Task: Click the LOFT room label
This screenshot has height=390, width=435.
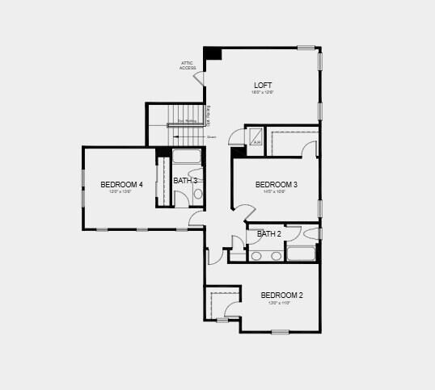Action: [x=263, y=86]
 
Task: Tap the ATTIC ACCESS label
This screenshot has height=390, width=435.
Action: [x=188, y=65]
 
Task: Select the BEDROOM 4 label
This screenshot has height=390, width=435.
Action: [x=121, y=185]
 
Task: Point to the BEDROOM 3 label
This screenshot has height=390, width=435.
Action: [x=277, y=185]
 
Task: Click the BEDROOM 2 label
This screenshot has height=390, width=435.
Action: [x=281, y=296]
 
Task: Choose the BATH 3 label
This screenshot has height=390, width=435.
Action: [x=185, y=181]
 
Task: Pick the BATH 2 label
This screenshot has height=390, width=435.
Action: [x=269, y=234]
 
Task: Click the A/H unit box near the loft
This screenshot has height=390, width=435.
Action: [x=256, y=137]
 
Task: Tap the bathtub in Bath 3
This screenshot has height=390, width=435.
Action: [x=187, y=157]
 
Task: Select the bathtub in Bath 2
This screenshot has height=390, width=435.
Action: [x=301, y=254]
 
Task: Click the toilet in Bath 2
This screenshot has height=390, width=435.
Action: [x=313, y=234]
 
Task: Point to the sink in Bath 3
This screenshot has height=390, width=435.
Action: [x=199, y=194]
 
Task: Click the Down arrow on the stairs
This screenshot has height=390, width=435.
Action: [x=209, y=137]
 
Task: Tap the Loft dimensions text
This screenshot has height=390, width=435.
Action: [x=263, y=93]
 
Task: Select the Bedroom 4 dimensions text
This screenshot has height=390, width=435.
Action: [x=121, y=192]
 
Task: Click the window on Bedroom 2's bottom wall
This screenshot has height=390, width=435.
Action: [x=280, y=331]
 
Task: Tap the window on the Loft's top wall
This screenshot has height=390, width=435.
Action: [x=306, y=47]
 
